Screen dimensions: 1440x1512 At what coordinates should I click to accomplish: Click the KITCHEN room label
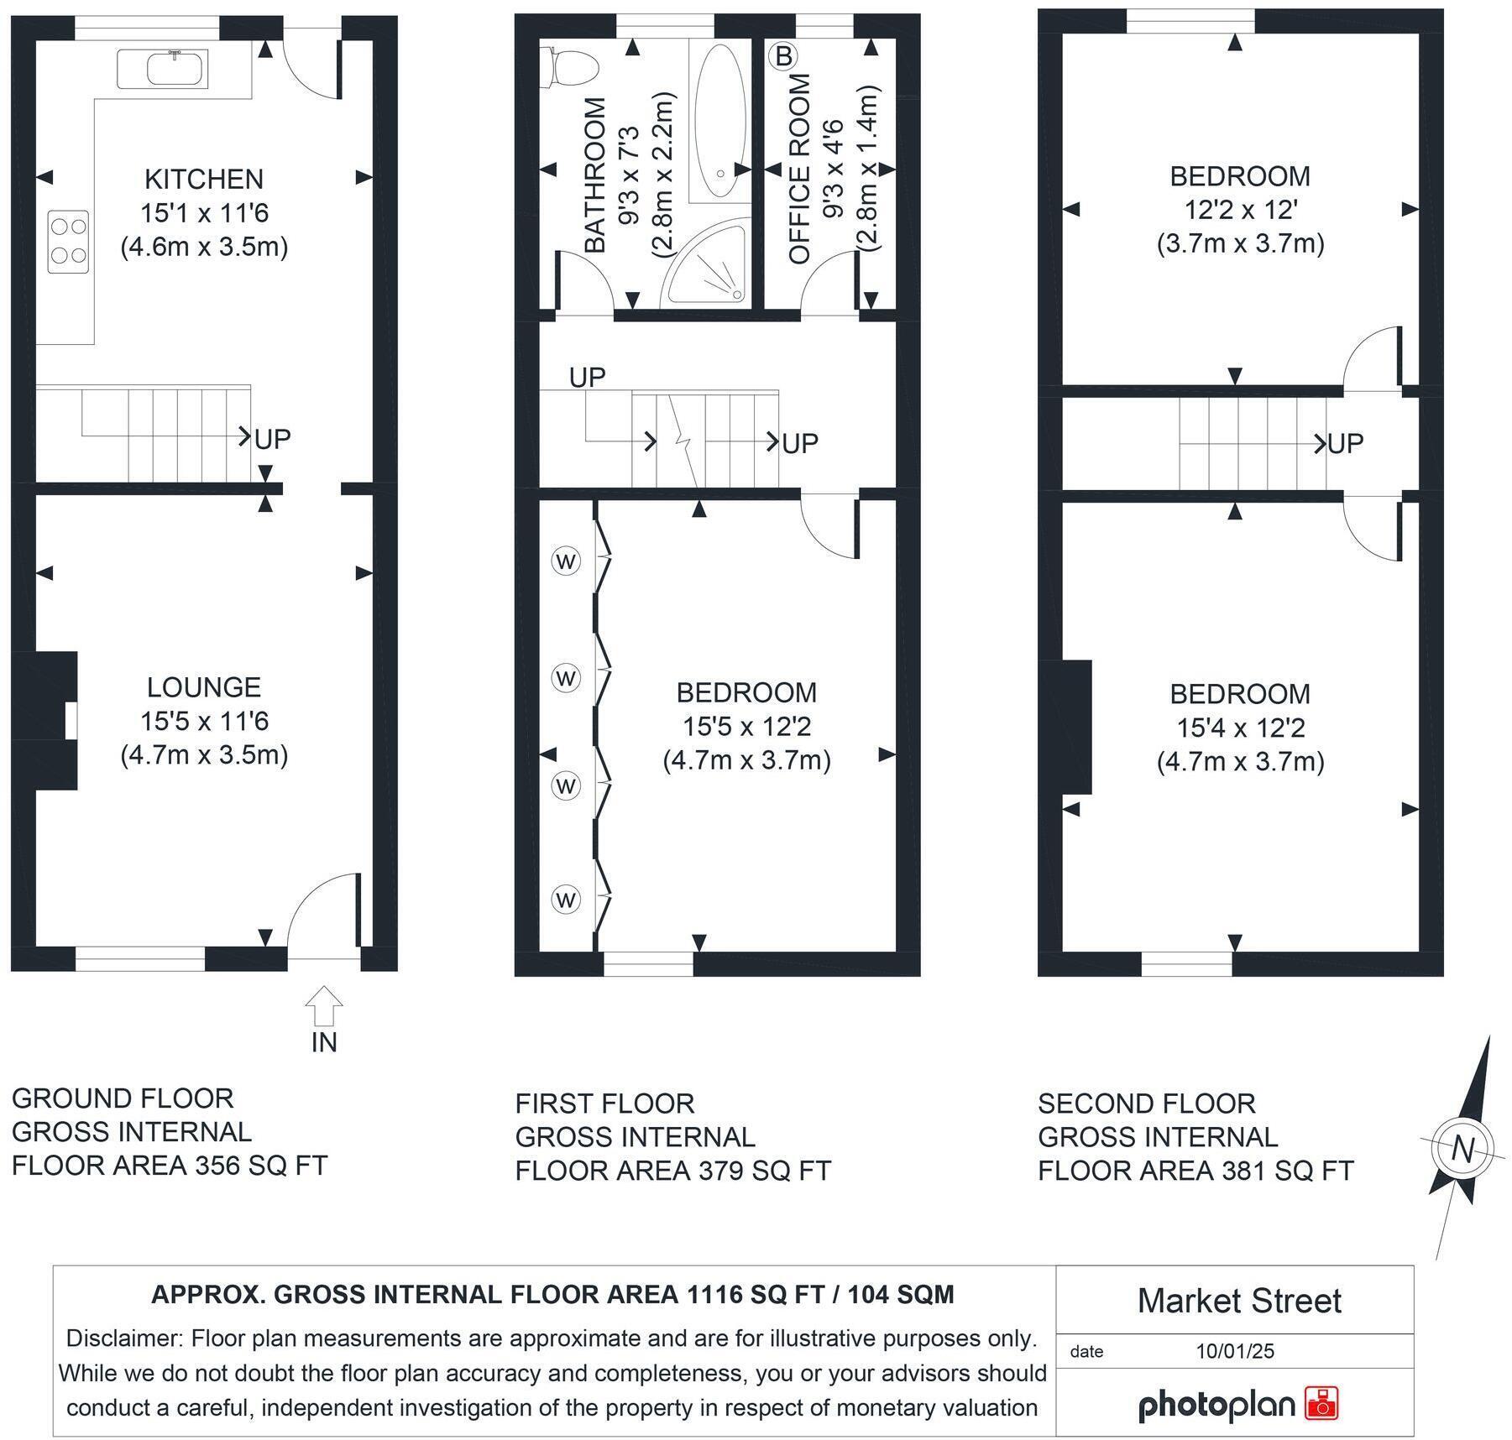204,179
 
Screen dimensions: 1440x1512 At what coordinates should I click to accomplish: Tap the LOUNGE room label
204,687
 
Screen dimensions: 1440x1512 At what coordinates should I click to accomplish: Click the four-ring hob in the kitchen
68,241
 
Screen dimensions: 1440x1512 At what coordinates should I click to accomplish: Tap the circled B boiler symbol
783,56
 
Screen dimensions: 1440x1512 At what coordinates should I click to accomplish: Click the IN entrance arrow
324,1007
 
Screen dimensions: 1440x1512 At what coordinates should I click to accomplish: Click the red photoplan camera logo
1321,1403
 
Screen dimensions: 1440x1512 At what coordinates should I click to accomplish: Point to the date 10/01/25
1235,1351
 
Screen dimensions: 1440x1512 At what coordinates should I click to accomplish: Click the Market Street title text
1238,1302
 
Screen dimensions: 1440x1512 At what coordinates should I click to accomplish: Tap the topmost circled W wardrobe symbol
566,561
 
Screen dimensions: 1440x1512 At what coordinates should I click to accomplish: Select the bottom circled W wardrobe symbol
566,900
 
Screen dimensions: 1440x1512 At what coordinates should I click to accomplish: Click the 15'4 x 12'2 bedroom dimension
1240,728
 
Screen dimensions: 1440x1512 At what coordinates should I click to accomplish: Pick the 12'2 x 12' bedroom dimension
1240,210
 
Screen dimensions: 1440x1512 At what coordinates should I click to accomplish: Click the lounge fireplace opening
71,721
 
